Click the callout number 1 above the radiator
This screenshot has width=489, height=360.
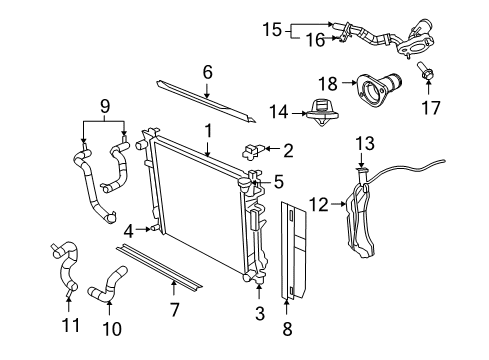208,131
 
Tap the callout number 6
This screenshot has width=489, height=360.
207,72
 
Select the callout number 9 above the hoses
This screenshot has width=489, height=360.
105,107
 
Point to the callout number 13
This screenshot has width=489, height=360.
365,143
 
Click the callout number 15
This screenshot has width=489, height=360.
272,29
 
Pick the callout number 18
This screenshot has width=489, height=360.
328,84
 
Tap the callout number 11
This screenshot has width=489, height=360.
71,325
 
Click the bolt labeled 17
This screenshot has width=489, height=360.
424,71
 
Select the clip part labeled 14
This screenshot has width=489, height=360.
322,112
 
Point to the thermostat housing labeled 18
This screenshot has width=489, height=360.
378,89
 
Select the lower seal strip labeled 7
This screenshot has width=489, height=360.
159,267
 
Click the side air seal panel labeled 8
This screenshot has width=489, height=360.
293,249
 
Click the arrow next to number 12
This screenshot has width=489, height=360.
338,203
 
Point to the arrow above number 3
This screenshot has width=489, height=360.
259,291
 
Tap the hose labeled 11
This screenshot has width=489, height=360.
65,268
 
